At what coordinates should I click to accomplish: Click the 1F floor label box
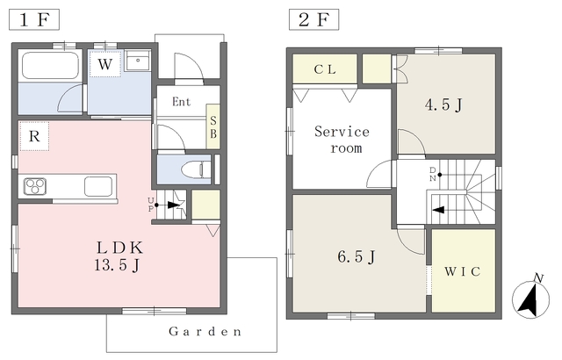click(34, 20)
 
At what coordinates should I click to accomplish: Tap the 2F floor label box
click(314, 20)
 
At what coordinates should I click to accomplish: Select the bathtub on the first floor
click(50, 66)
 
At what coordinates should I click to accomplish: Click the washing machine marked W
click(105, 64)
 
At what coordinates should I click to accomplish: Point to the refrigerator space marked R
click(34, 136)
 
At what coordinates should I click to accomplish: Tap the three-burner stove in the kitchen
click(35, 186)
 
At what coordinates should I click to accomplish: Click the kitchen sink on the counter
click(98, 186)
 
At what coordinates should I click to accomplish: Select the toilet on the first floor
click(196, 169)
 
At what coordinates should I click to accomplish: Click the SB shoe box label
click(213, 126)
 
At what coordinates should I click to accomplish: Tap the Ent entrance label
click(182, 102)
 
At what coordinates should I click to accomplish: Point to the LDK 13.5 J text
click(119, 256)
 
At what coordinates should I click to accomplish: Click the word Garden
click(205, 332)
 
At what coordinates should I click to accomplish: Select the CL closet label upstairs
click(325, 69)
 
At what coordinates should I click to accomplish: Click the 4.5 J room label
click(443, 105)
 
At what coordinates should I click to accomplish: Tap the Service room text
click(342, 140)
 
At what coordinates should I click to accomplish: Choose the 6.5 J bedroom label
click(357, 257)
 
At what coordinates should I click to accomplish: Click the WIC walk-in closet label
click(463, 271)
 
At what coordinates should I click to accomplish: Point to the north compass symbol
click(530, 299)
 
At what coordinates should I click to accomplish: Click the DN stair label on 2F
click(433, 174)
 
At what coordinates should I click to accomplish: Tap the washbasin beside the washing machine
click(138, 61)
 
